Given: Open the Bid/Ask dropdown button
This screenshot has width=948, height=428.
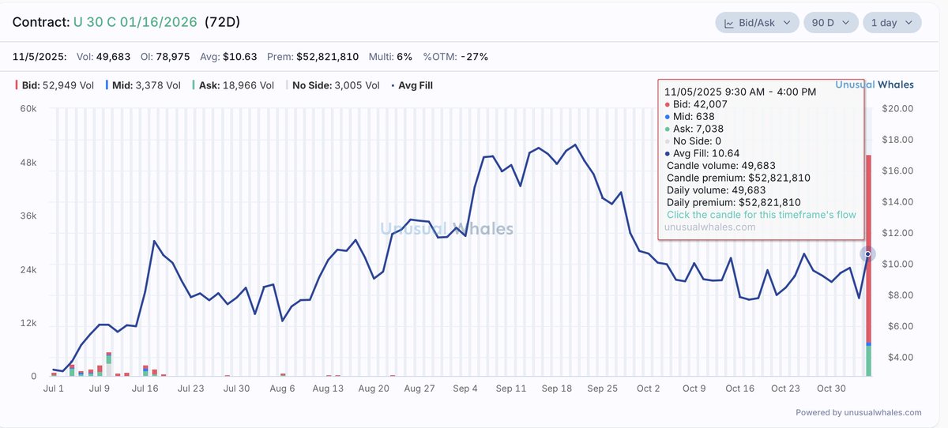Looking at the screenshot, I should pyautogui.click(x=757, y=23).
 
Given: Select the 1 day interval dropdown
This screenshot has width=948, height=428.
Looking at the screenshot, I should pyautogui.click(x=891, y=23).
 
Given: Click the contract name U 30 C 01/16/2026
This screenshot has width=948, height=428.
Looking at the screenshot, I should pyautogui.click(x=136, y=22).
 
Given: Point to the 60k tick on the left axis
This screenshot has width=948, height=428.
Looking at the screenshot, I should pyautogui.click(x=28, y=109).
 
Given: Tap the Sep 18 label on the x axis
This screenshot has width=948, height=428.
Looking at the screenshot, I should pyautogui.click(x=557, y=389).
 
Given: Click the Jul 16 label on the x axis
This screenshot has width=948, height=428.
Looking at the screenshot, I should pyautogui.click(x=145, y=389).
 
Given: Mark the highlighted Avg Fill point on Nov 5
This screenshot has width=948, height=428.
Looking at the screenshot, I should pyautogui.click(x=868, y=253).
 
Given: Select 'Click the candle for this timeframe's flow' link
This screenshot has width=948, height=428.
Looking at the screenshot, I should pyautogui.click(x=761, y=215).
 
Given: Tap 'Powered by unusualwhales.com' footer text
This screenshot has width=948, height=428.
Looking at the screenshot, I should pyautogui.click(x=858, y=412).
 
